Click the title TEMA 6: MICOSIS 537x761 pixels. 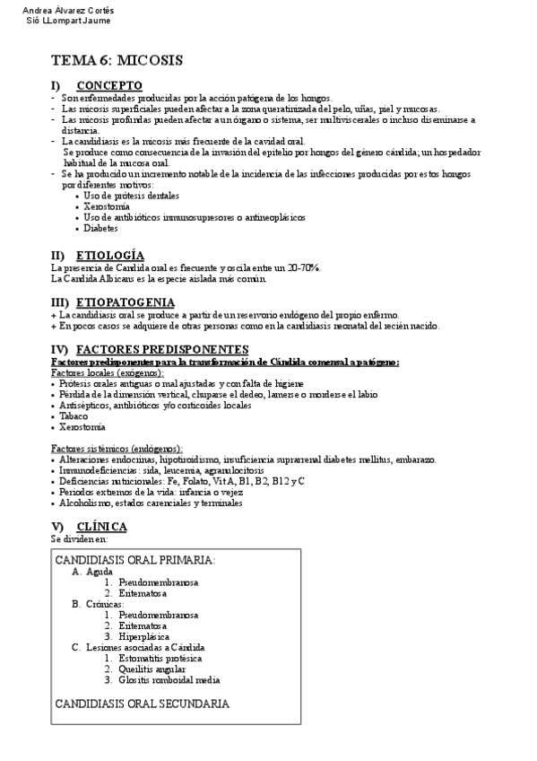click(117, 60)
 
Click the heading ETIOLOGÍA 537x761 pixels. click(110, 256)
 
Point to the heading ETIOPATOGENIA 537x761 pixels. click(126, 302)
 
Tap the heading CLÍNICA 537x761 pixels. click(101, 526)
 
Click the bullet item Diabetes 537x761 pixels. click(101, 229)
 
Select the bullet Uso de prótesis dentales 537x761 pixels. click(131, 196)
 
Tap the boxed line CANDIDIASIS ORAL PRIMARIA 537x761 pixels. click(135, 559)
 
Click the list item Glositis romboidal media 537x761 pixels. click(169, 679)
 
